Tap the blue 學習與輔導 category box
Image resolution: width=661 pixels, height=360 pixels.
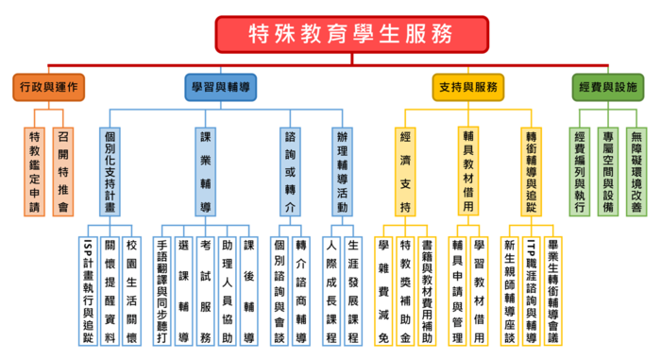pyautogui.click(x=220, y=87)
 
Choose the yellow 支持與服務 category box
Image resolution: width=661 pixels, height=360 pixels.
pyautogui.click(x=467, y=87)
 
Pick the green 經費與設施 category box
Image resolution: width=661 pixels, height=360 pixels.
pyautogui.click(x=605, y=87)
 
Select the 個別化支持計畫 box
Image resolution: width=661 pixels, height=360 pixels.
pyautogui.click(x=110, y=170)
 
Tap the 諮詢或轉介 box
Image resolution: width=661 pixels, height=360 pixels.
pyautogui.click(x=290, y=170)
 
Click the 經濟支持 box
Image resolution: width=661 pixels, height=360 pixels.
pyautogui.click(x=405, y=170)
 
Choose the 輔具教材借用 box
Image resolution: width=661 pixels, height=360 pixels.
pyautogui.click(x=468, y=170)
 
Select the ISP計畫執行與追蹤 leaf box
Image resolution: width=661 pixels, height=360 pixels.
pyautogui.click(x=87, y=284)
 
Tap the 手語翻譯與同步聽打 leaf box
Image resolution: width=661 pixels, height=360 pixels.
pyautogui.click(x=161, y=284)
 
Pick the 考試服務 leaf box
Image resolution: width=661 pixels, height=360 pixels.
pyautogui.click(x=206, y=284)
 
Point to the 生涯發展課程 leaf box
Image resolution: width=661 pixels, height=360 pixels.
pyautogui.click(x=352, y=284)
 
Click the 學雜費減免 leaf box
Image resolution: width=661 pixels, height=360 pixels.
pyautogui.click(x=383, y=284)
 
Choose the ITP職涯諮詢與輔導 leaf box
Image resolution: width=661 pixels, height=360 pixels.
pyautogui.click(x=531, y=284)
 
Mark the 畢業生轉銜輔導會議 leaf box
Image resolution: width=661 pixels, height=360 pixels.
pyautogui.click(x=553, y=284)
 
